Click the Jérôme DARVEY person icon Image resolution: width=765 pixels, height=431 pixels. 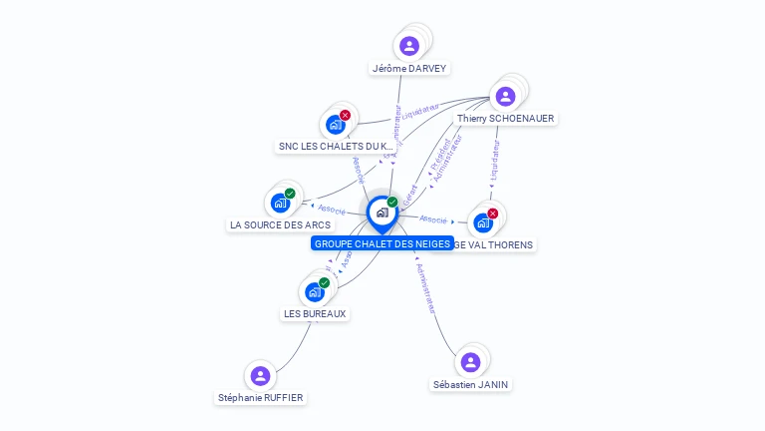point(408,46)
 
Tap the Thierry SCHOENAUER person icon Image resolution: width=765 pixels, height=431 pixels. point(505,96)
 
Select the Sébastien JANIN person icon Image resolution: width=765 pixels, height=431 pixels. point(470,361)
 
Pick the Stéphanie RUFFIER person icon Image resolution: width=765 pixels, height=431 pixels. point(260,375)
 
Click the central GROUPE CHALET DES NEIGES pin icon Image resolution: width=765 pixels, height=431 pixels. point(382,213)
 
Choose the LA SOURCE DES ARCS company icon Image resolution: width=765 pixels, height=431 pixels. point(280,203)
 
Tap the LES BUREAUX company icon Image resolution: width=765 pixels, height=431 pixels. point(315,291)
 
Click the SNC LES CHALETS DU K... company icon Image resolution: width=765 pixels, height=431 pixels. point(335,125)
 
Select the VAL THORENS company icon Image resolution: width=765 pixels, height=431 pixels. point(483,222)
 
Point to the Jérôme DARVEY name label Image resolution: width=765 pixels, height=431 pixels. point(409,69)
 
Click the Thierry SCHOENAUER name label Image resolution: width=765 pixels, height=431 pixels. point(505,119)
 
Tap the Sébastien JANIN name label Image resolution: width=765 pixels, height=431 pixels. point(471,384)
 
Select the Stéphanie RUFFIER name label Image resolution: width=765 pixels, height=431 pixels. point(261,398)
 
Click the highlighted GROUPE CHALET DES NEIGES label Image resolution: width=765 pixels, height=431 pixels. point(382,243)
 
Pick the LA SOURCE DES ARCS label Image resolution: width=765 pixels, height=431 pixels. point(280,225)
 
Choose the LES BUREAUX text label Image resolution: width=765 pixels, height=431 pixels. point(315,313)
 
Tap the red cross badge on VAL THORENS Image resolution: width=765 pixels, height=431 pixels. point(492,213)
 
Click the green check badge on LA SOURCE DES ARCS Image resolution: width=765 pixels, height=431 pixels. point(290,193)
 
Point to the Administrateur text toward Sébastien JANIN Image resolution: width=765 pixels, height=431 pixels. point(424,289)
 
